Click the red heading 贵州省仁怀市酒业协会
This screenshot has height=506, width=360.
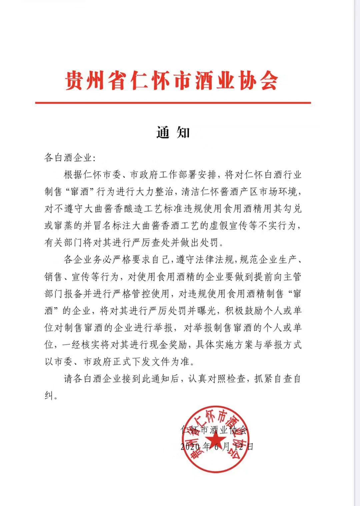click(171, 80)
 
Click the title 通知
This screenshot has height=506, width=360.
click(173, 133)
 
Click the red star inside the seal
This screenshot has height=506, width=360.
click(214, 439)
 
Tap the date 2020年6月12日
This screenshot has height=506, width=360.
click(217, 446)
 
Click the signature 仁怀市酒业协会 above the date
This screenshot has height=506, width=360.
click(214, 430)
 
